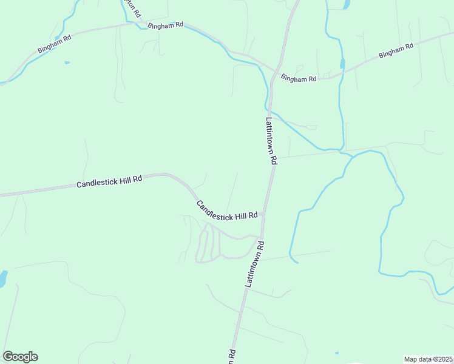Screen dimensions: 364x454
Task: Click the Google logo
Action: tap(20, 357)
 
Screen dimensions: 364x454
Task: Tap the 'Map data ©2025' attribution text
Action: tap(428, 359)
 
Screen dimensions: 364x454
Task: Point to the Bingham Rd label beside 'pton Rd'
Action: tap(165, 25)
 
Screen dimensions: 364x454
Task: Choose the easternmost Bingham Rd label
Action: tap(396, 50)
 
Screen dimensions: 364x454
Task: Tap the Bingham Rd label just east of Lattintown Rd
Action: tap(299, 79)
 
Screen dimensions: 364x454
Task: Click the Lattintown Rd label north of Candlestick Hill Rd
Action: tap(271, 141)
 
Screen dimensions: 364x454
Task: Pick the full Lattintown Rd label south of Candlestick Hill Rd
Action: tap(254, 264)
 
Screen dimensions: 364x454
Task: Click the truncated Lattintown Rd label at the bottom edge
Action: tap(231, 357)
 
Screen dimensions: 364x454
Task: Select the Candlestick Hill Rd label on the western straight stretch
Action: tap(109, 181)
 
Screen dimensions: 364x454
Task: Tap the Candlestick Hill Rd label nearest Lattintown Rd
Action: tap(228, 210)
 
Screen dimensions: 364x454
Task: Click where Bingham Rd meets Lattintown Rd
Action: tap(277, 71)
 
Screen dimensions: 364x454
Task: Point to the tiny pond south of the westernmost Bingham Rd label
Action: tap(67, 62)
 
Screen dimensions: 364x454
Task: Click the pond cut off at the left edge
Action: tap(2, 278)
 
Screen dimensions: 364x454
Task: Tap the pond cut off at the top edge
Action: tap(347, 4)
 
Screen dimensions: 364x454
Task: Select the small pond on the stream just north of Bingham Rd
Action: tap(343, 63)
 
